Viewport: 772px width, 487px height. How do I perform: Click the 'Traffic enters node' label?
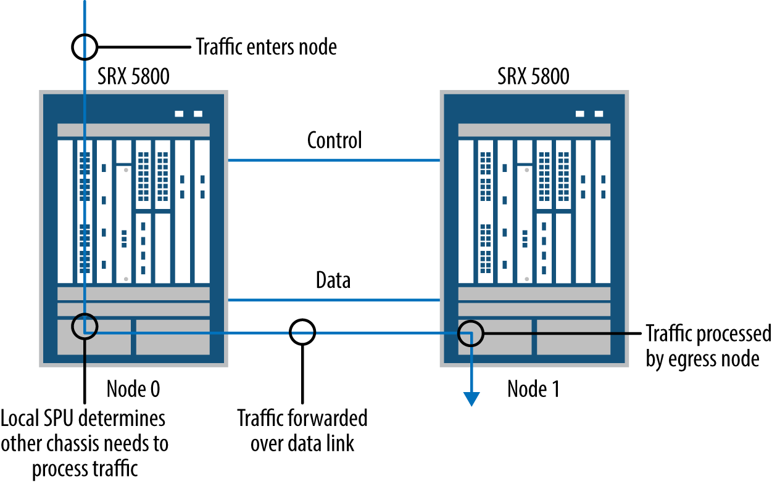[266, 47]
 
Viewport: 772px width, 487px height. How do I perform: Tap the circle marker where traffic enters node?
[85, 46]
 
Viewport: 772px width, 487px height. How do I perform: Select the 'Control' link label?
[334, 140]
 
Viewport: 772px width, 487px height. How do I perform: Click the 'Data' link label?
[333, 280]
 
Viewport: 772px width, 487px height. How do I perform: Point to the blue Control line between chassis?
[334, 160]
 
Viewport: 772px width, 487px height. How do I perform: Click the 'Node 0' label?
[133, 388]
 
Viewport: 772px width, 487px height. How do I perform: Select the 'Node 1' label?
[533, 389]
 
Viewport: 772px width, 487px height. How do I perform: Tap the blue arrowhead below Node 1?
[471, 399]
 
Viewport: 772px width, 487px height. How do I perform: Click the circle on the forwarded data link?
[302, 332]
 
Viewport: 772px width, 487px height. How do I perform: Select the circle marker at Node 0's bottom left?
[85, 325]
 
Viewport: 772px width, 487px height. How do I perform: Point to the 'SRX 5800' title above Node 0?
[133, 77]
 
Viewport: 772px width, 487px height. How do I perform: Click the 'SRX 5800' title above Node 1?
[533, 77]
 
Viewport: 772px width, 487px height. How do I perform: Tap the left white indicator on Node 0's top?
[180, 113]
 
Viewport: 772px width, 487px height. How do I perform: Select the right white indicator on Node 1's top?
[598, 113]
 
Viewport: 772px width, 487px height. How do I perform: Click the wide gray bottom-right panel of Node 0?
[173, 337]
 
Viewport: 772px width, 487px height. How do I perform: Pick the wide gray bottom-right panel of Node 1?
[573, 337]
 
